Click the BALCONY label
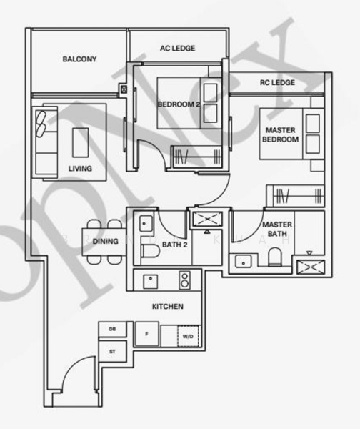(x=79, y=59)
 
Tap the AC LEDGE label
(x=177, y=49)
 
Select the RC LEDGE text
(x=278, y=83)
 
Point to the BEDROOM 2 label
(x=179, y=104)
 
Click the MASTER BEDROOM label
(x=281, y=135)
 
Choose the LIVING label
(x=80, y=169)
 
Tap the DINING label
(x=106, y=242)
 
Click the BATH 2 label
(x=174, y=245)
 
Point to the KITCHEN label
(x=168, y=307)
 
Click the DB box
(x=113, y=329)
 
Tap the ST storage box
(x=113, y=351)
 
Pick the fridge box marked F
(x=146, y=334)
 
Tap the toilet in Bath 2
(x=149, y=251)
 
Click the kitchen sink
(x=151, y=279)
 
